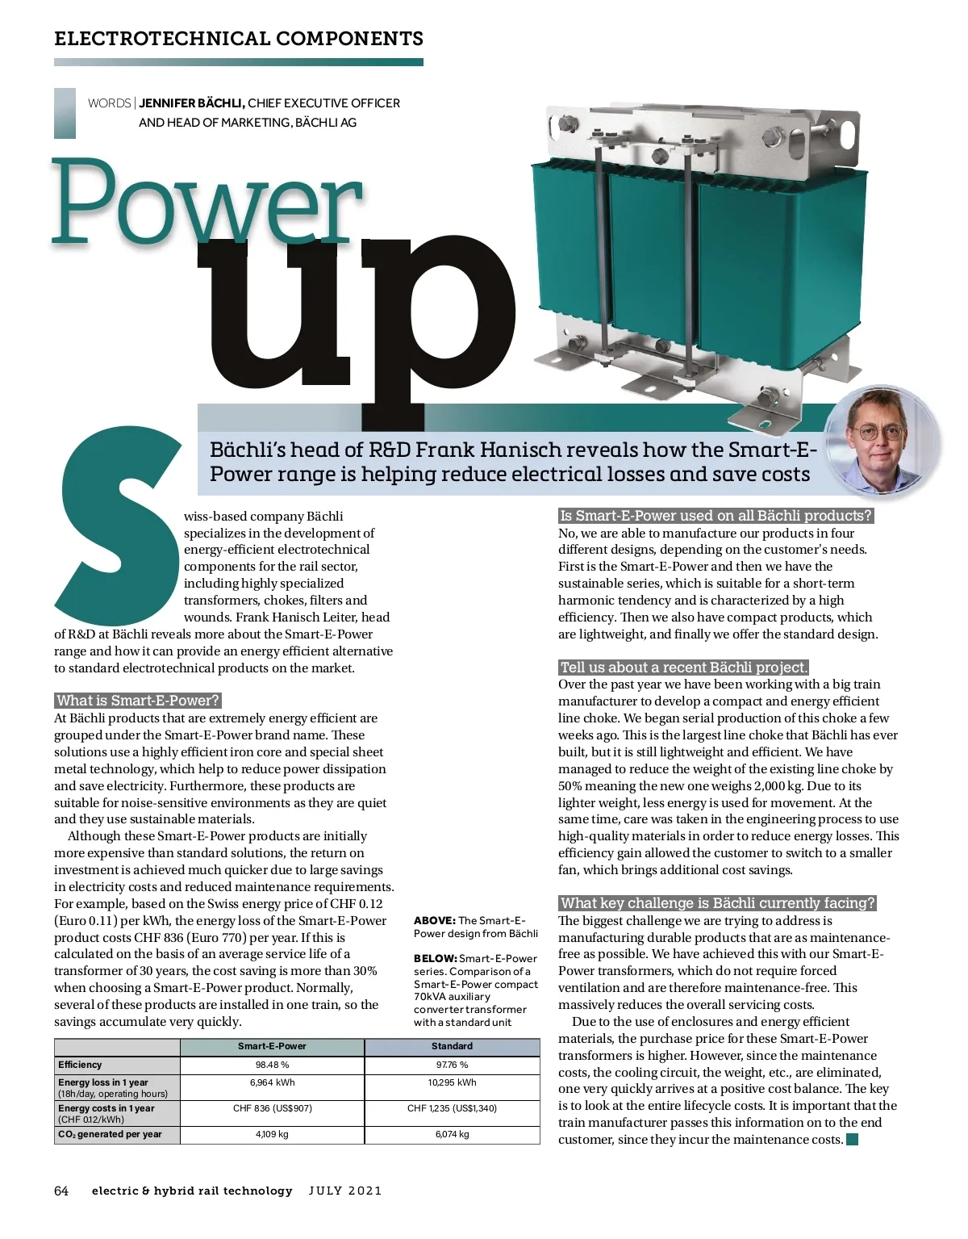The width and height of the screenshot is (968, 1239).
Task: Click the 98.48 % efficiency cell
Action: tap(272, 1065)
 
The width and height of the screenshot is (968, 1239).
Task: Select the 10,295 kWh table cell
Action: tap(452, 1082)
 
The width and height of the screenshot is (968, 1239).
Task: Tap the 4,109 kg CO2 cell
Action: tap(272, 1134)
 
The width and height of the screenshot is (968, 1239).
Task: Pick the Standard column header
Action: tap(452, 1046)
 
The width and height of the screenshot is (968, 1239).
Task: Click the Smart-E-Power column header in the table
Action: tap(272, 1046)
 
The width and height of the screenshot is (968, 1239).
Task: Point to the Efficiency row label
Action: tap(81, 1065)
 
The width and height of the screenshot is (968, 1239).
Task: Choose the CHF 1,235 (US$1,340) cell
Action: tap(452, 1108)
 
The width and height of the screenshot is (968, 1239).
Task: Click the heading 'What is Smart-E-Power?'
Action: tap(137, 701)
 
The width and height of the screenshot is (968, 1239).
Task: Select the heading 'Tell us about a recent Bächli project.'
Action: tap(683, 668)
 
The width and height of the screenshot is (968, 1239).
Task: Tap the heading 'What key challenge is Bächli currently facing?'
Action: tap(717, 903)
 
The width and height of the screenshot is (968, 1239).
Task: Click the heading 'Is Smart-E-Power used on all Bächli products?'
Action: tap(716, 516)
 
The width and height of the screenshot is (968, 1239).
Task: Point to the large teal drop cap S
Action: tap(117, 525)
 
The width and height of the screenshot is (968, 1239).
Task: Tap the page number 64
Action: tap(61, 1191)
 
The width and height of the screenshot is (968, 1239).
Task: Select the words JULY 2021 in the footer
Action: tap(345, 1191)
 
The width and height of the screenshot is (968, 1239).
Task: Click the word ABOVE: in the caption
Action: tap(434, 920)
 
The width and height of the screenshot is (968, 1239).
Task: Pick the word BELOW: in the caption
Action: tap(435, 959)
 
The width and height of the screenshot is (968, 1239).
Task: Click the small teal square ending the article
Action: tap(852, 1140)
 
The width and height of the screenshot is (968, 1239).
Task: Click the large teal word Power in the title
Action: tap(206, 202)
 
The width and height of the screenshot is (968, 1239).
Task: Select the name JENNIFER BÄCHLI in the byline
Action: tap(191, 103)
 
